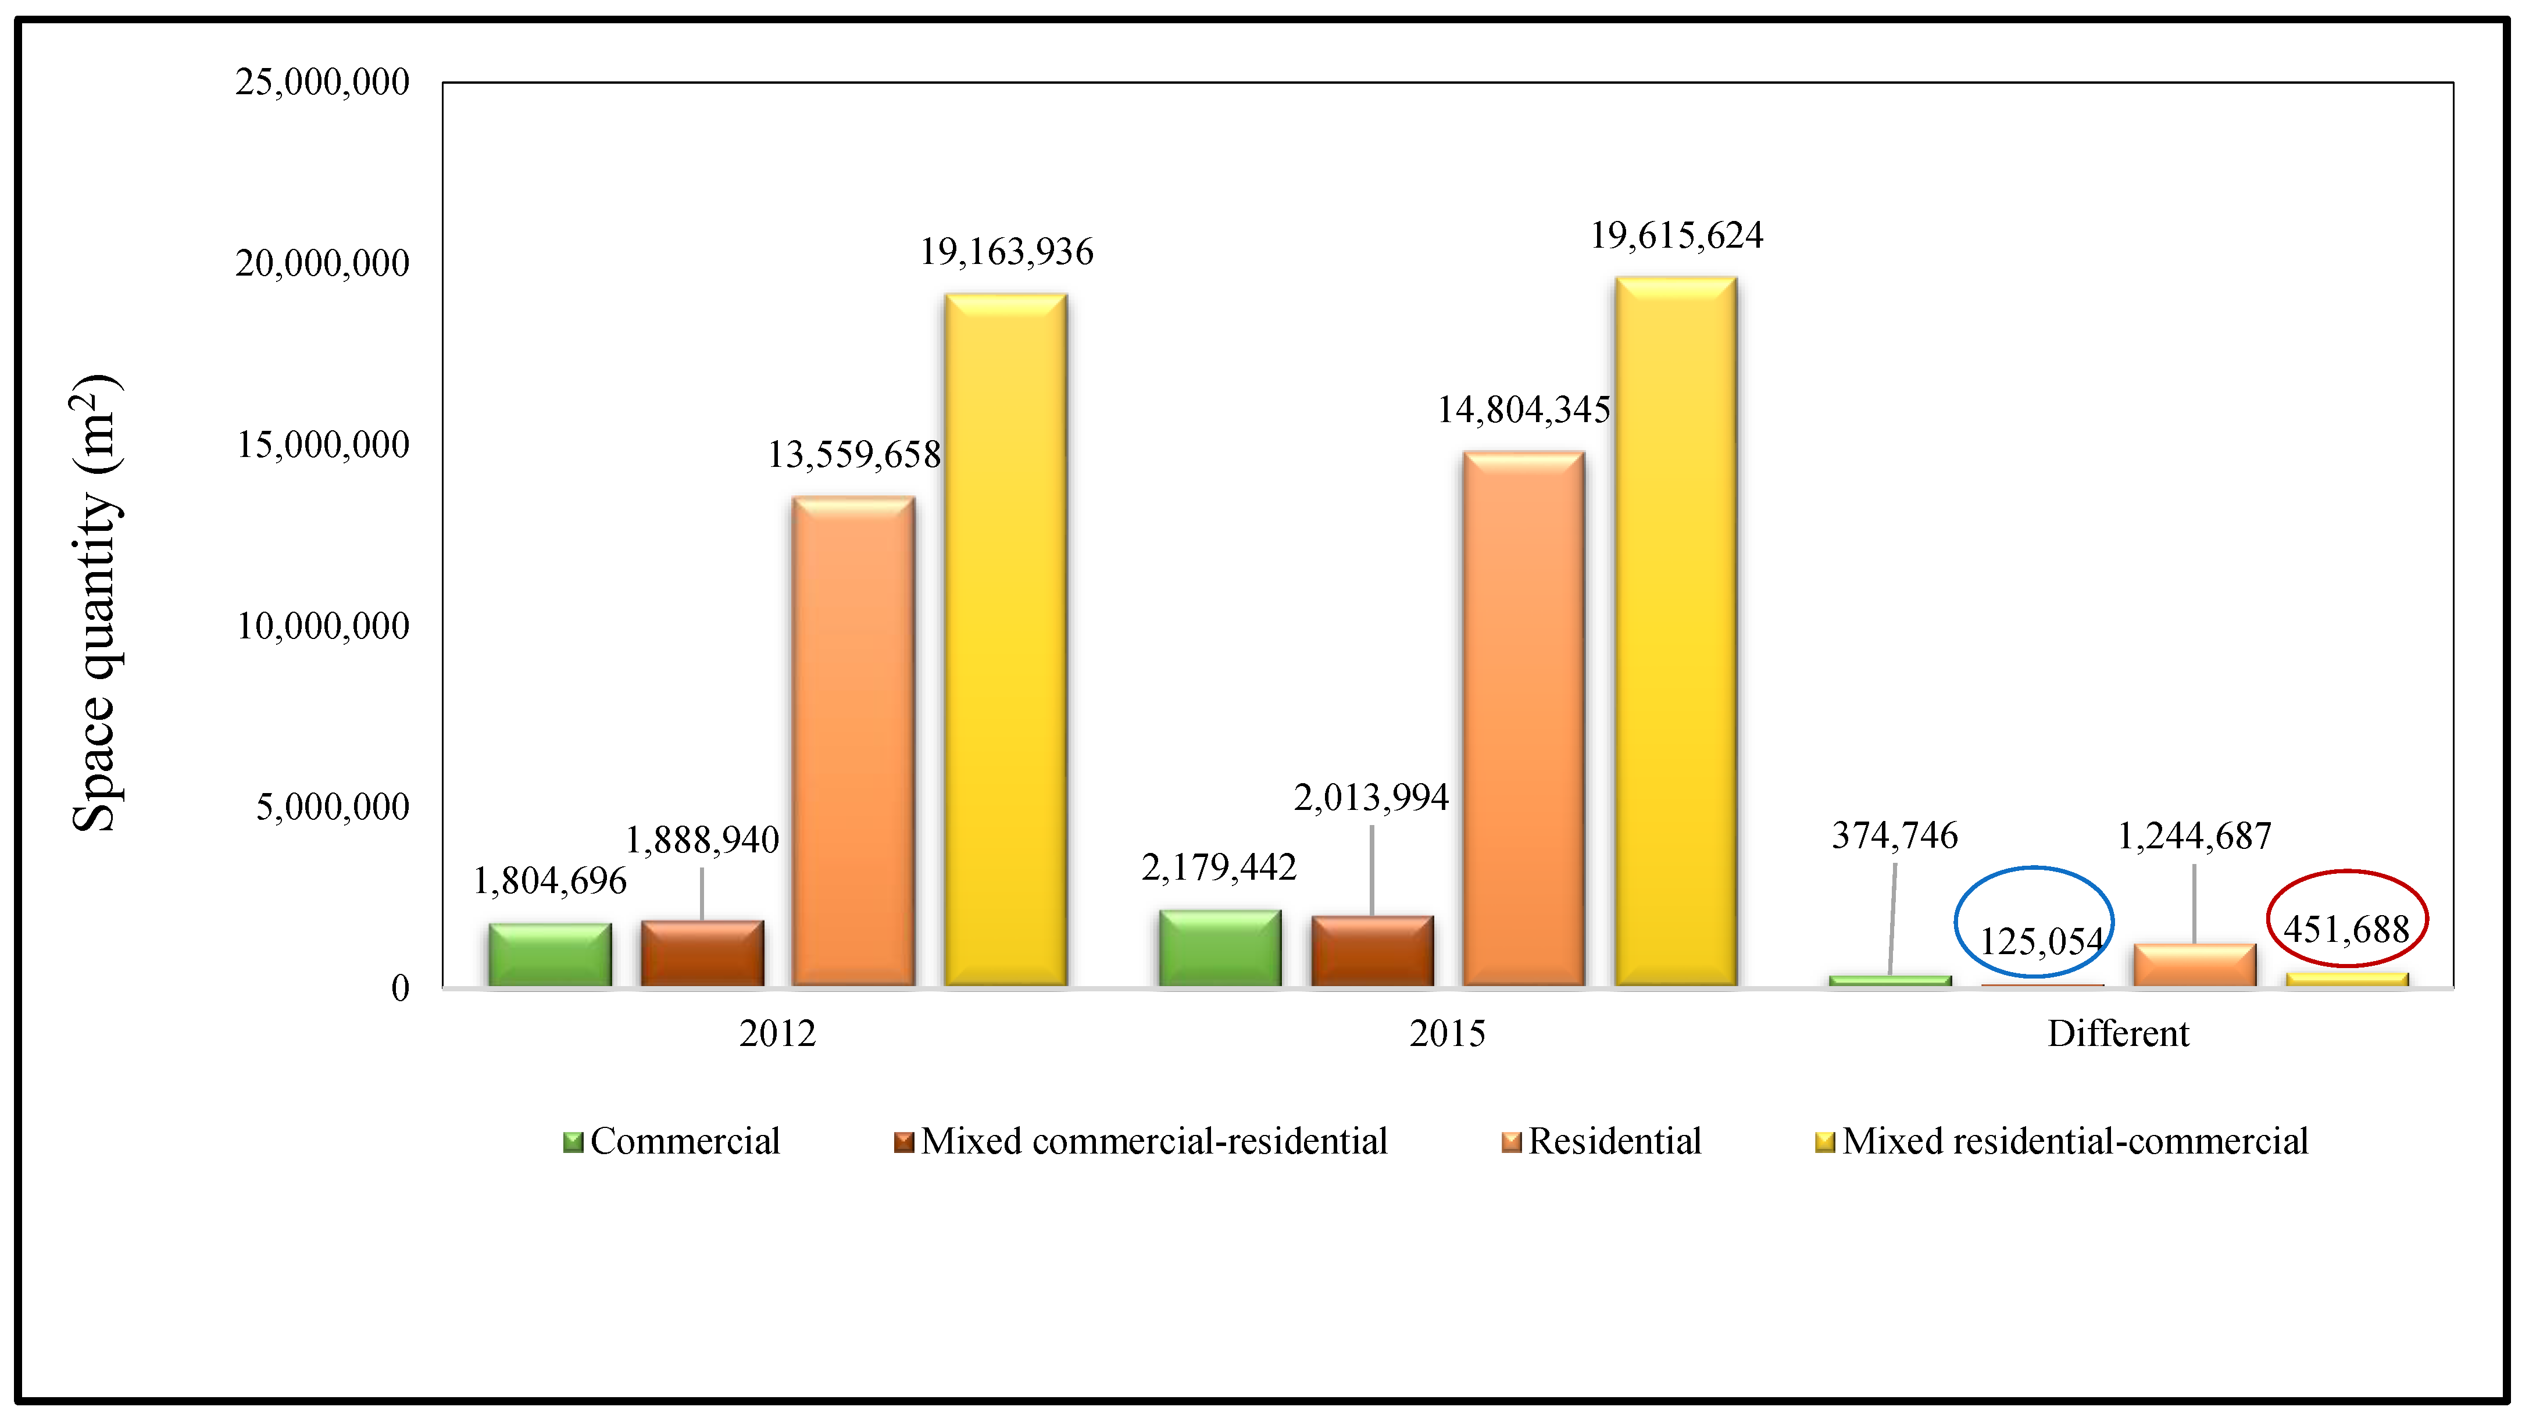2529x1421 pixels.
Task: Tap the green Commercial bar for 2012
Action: coord(550,955)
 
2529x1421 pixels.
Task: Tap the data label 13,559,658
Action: coord(853,455)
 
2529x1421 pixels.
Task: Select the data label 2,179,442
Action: coord(1219,867)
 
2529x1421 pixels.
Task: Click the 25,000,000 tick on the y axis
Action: coord(322,83)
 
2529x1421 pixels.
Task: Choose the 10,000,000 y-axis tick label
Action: coord(322,626)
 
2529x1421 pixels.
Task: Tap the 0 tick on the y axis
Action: coord(399,988)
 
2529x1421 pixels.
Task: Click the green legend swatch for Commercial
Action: coord(572,1142)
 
